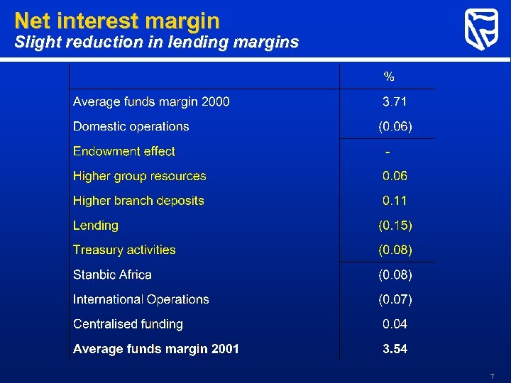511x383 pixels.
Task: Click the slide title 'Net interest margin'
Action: (x=117, y=20)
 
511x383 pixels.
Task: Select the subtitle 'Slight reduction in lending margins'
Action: (x=157, y=43)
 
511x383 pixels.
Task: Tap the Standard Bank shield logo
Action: (x=481, y=30)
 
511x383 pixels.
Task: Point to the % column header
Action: (x=389, y=76)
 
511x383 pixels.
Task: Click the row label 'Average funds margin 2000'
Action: (x=151, y=101)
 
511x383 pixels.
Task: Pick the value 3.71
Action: (x=395, y=101)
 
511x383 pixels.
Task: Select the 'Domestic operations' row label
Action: (x=131, y=126)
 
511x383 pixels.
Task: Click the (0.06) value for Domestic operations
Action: (x=395, y=126)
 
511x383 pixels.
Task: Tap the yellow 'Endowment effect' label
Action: (x=124, y=151)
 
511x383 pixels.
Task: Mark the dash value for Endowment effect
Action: (x=388, y=152)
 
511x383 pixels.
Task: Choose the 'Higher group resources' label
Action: (x=140, y=176)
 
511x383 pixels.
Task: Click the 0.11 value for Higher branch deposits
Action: (x=395, y=201)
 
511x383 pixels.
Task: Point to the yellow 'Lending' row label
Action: (x=96, y=226)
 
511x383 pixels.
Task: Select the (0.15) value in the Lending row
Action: (x=395, y=226)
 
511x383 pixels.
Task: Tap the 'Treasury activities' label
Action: (x=124, y=250)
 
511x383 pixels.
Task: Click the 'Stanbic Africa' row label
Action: (x=112, y=274)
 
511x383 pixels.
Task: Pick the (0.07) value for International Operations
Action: (x=395, y=299)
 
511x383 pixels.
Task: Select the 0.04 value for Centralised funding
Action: (x=395, y=324)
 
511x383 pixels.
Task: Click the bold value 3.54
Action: (x=395, y=349)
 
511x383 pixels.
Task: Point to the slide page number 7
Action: (x=491, y=375)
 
